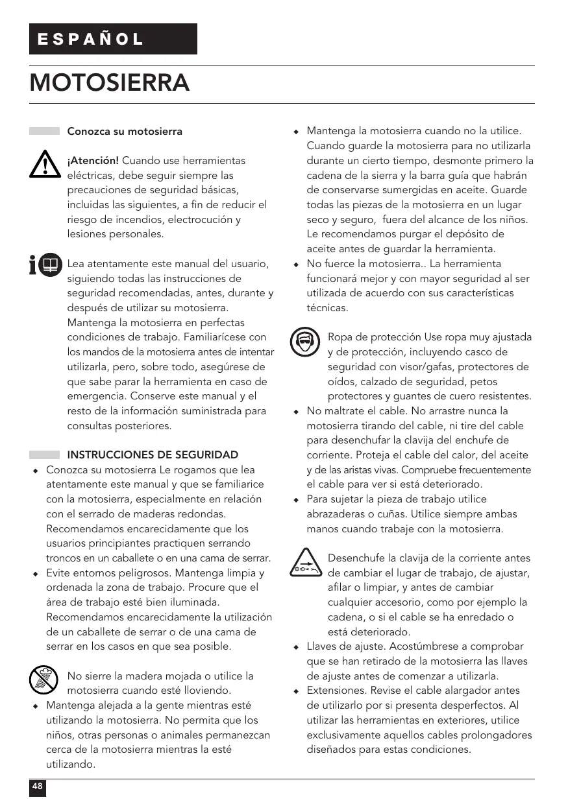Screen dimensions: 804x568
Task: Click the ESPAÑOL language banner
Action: [113, 39]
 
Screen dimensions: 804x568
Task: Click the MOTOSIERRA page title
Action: [110, 84]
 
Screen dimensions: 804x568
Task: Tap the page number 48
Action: [38, 787]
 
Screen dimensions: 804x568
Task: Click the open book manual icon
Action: [49, 266]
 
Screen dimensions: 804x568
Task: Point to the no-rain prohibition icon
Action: [44, 680]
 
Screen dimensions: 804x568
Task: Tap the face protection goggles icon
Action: [304, 342]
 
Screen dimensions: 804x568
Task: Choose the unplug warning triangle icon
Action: [304, 563]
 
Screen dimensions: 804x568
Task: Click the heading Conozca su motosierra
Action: [125, 132]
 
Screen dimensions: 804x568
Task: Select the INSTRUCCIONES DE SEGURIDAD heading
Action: [153, 455]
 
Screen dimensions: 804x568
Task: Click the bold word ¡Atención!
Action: [93, 160]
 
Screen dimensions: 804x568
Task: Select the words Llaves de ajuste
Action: [346, 646]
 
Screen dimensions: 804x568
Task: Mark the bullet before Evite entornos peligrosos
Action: [36, 574]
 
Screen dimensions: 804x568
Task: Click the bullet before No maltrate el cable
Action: [296, 412]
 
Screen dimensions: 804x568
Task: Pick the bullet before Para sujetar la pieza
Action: [296, 500]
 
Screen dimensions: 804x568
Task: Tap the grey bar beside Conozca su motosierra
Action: [44, 131]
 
